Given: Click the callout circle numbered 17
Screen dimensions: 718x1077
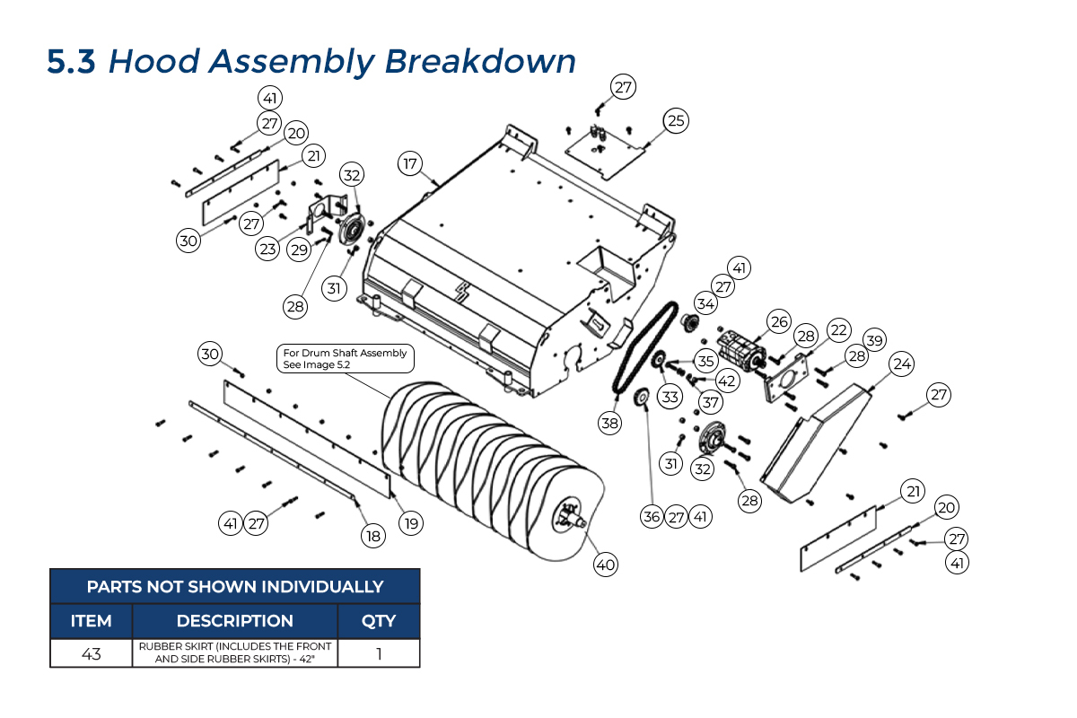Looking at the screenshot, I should click(x=410, y=163).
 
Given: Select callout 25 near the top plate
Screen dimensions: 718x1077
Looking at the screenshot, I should click(x=676, y=119).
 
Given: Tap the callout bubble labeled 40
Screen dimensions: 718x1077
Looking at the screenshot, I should click(x=606, y=565).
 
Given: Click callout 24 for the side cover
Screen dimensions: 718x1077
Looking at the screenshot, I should click(x=902, y=364).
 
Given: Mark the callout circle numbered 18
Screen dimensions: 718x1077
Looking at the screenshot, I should click(x=372, y=536).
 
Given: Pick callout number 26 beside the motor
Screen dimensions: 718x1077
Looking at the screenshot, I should click(x=778, y=320).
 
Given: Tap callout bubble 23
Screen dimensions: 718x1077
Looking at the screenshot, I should click(x=267, y=250).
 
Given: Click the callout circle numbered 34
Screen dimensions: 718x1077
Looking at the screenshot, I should click(x=706, y=304).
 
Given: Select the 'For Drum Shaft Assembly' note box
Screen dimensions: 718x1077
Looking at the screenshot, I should click(x=345, y=359).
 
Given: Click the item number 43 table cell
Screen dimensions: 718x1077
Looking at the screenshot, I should click(x=92, y=653).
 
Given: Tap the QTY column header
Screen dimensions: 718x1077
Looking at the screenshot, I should click(x=379, y=621).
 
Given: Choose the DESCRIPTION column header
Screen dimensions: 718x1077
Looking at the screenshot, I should click(x=234, y=621).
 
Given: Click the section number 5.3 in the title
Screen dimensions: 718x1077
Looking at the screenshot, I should click(x=71, y=62).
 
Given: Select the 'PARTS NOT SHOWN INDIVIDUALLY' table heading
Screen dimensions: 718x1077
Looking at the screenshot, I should click(x=234, y=587).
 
